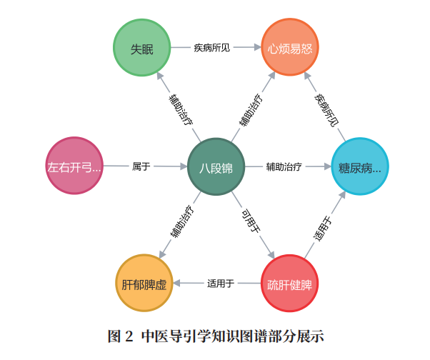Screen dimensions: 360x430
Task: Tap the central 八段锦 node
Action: (216, 166)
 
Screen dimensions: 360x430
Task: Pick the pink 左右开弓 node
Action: (74, 166)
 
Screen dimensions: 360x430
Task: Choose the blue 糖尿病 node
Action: (360, 166)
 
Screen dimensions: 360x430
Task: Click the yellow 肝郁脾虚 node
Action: (144, 284)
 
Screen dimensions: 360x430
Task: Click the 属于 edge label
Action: (141, 166)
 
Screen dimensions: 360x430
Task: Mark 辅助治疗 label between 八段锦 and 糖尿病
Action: (284, 166)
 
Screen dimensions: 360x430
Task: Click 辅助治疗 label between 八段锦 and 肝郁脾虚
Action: (181, 222)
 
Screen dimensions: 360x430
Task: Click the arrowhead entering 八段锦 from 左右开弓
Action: (181, 166)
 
